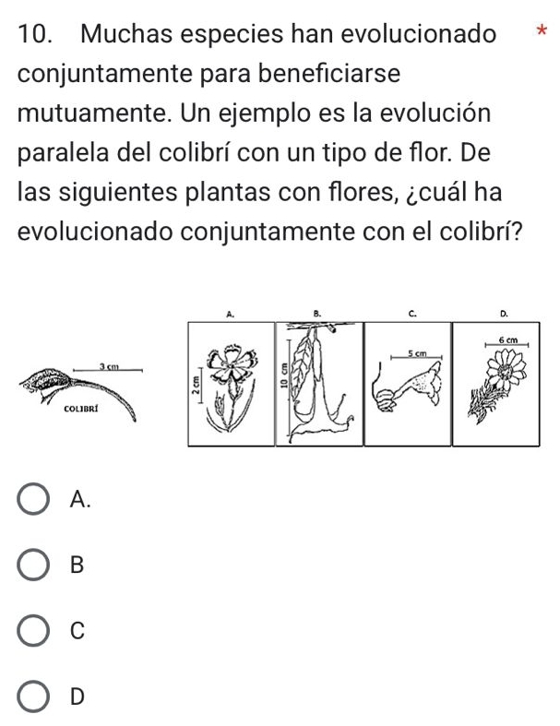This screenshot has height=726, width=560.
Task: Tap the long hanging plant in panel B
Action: (x=315, y=383)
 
